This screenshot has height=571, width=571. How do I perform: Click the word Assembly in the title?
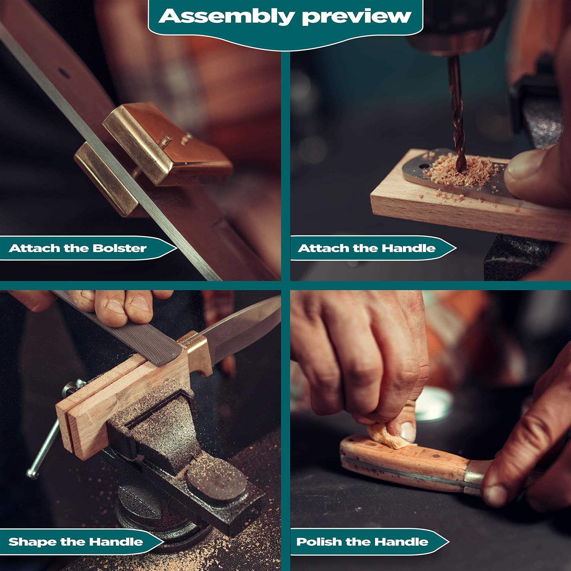[x=227, y=16]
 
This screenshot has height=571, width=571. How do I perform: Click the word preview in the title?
[x=357, y=17]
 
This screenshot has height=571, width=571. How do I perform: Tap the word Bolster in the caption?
[x=120, y=248]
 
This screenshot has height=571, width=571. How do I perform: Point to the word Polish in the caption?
[x=319, y=542]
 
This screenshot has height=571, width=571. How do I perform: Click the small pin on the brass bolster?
[x=165, y=142]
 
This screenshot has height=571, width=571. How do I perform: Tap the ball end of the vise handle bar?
[x=32, y=474]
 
